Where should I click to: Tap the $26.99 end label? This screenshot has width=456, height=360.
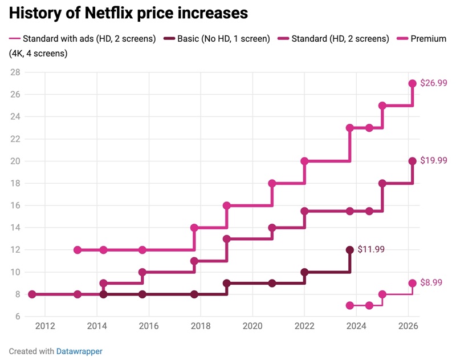(x=433, y=83)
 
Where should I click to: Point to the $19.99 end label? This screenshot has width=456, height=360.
(x=433, y=161)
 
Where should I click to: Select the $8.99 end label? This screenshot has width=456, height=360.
(x=431, y=282)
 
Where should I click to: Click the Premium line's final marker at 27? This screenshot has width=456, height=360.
(x=413, y=83)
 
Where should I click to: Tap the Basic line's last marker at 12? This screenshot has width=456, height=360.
(x=350, y=250)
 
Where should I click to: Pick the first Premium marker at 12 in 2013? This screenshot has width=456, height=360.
(x=78, y=250)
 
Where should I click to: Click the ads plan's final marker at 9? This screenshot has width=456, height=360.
(x=413, y=283)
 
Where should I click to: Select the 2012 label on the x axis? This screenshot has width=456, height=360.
(x=45, y=327)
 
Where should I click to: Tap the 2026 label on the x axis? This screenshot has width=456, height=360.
(x=408, y=327)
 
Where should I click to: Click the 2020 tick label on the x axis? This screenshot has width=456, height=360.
(x=252, y=327)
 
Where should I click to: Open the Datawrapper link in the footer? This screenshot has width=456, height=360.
(x=79, y=351)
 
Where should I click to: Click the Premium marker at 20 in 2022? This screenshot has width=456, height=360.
(x=304, y=161)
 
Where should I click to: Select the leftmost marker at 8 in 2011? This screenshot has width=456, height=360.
(x=32, y=294)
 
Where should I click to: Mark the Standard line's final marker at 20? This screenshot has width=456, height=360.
(x=413, y=161)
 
